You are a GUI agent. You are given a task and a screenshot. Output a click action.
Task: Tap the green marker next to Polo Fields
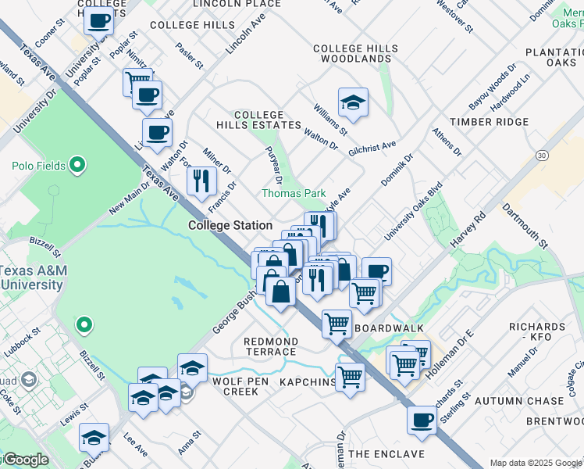point(77,165)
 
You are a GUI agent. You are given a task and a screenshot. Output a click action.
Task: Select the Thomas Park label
point(294,193)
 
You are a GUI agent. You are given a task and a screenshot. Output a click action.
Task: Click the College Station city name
point(230,225)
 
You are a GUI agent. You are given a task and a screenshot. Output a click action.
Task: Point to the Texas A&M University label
point(32,277)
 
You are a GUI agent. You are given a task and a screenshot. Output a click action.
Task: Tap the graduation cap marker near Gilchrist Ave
point(353,102)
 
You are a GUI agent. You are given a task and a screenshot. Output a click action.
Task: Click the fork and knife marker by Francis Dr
point(201,181)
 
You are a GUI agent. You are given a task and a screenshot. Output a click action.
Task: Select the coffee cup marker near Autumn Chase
point(422,420)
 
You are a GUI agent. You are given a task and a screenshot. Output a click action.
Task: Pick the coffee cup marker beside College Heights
point(99,21)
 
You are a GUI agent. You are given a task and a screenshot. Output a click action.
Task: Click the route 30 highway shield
point(542,156)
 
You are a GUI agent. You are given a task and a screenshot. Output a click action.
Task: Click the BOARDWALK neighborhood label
point(389,328)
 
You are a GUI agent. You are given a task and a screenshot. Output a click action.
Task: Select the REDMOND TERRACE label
point(270,347)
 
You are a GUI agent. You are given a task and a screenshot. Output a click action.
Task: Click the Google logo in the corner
point(25,460)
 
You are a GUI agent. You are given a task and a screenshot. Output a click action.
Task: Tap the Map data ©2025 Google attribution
point(536,463)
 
